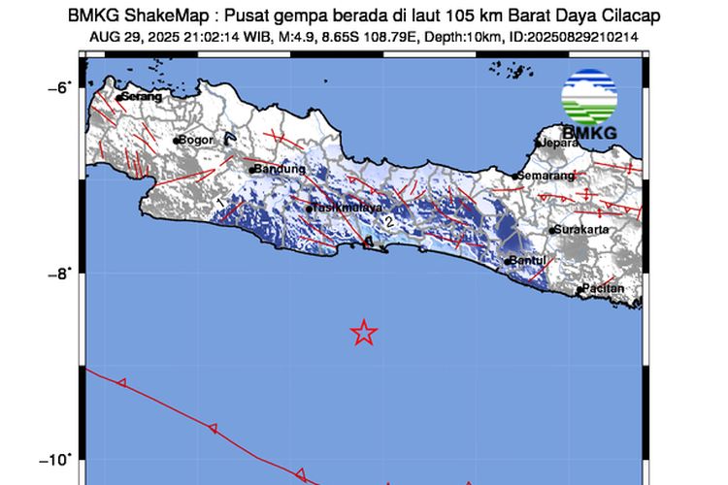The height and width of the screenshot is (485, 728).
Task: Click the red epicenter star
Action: click(363, 333)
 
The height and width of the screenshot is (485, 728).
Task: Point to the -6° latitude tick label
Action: click(60, 86)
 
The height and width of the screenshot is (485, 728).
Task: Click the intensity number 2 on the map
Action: click(389, 222)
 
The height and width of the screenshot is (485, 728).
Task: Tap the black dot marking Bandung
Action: click(251, 170)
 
